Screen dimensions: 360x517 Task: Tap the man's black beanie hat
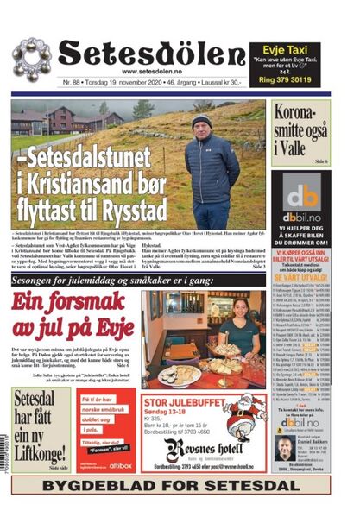[x=201, y=120]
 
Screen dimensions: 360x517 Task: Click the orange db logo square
[x=302, y=194]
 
